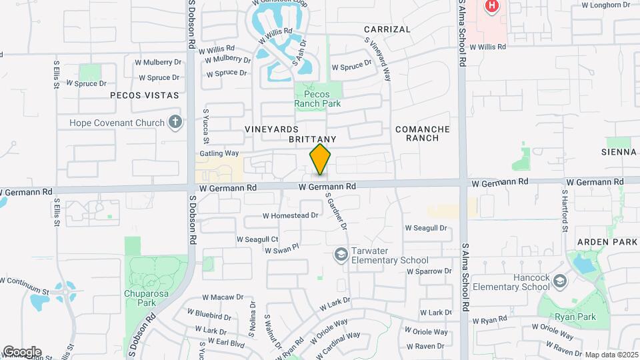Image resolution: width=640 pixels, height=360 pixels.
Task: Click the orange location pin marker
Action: [320, 159]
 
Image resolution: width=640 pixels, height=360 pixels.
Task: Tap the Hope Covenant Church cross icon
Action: [175, 122]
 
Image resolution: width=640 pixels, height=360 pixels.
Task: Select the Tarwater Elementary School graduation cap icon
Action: [341, 254]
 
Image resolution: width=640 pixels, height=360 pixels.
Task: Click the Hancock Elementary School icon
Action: [559, 281]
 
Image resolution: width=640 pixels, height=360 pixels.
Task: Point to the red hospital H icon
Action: [492, 6]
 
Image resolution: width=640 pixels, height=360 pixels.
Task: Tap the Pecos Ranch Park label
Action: [318, 99]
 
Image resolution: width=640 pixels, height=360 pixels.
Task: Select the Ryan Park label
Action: [577, 317]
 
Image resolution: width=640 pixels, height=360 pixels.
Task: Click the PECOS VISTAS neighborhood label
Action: [145, 95]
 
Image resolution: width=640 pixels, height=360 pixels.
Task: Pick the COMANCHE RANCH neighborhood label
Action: [423, 133]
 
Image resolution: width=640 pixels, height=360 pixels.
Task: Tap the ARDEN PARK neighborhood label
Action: [608, 241]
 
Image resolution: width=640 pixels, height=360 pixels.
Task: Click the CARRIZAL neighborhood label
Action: [387, 29]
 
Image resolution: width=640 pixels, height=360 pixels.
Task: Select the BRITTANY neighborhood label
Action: [311, 139]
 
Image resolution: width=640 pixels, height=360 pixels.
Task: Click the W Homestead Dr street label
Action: [291, 215]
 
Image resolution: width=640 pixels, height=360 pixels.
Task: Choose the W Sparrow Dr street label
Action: [429, 271]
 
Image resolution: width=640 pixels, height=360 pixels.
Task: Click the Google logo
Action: [22, 351]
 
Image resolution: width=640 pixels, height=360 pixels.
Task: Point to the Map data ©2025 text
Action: [611, 355]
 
